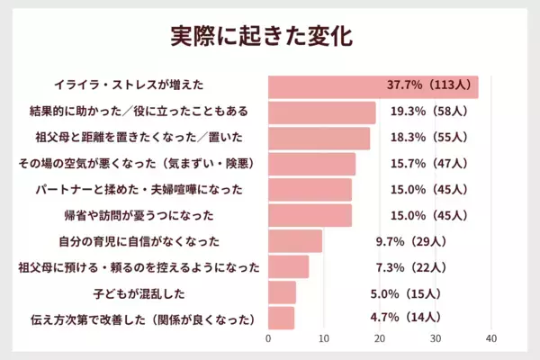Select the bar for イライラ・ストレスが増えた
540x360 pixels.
373,86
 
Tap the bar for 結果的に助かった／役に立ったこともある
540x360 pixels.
322,112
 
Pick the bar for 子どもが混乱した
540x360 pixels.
282,292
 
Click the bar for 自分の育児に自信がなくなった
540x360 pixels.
295,241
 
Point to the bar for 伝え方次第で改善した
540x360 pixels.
281,319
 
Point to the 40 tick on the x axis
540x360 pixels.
491,338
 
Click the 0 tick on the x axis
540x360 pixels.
268,338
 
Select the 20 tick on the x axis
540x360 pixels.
380,338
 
